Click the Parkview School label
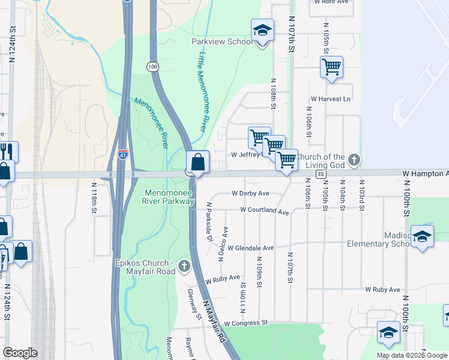click(222, 42)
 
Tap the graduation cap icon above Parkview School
click(262, 30)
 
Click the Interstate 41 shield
click(122, 154)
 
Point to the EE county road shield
click(321, 173)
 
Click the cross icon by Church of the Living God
click(354, 160)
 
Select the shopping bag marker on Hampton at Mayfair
click(197, 162)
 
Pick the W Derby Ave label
click(250, 194)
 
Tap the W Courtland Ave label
click(264, 211)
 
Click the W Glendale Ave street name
click(250, 248)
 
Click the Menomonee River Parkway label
click(169, 197)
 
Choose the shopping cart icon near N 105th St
click(331, 68)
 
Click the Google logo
click(20, 353)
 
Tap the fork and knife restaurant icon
click(7, 151)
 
